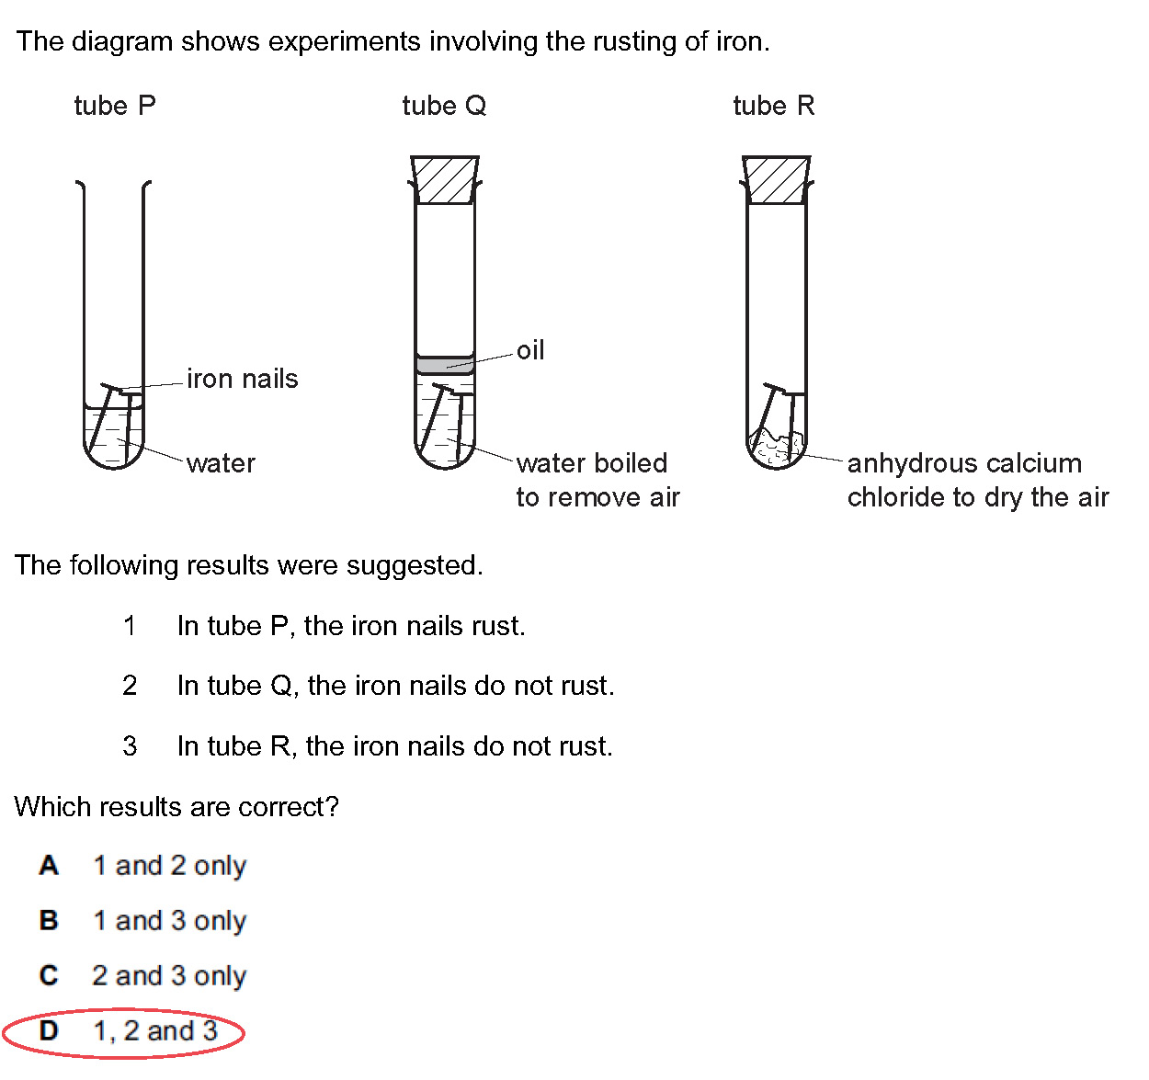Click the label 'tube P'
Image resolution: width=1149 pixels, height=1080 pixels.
[115, 106]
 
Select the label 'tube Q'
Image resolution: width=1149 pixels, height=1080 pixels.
[444, 106]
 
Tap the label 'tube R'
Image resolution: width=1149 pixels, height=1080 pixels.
[773, 106]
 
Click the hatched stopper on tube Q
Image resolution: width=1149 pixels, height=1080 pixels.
[445, 179]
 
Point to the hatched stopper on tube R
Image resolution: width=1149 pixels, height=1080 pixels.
[777, 179]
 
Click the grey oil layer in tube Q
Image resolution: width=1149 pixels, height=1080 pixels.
[445, 365]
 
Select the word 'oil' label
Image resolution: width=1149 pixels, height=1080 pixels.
[530, 350]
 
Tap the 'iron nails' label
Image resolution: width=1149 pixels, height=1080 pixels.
[243, 379]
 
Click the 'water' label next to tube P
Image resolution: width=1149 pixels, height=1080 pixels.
[221, 463]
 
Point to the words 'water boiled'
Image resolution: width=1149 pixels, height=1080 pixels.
[592, 463]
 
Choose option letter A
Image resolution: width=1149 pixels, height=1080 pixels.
[49, 866]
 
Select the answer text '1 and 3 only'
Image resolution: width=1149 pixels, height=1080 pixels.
[170, 921]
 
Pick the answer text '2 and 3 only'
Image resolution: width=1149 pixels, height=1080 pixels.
[170, 976]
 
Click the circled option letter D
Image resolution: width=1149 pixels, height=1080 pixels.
[49, 1031]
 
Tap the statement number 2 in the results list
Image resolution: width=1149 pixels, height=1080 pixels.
[130, 686]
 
